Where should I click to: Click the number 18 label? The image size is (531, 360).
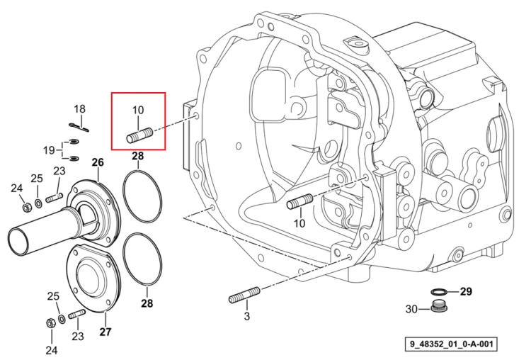point(80,109)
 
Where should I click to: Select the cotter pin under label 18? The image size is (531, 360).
point(81,127)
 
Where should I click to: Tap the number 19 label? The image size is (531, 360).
point(49,150)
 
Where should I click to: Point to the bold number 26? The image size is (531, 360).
point(98,162)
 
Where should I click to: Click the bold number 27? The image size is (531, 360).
point(105,332)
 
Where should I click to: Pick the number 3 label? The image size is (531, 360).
point(247,316)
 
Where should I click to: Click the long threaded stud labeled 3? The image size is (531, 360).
point(244,296)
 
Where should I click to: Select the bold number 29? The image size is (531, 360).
point(466,291)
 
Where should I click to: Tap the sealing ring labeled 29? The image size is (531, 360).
point(439,291)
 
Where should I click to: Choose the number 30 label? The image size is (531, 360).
point(411,309)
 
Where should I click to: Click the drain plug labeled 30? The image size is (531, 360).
point(438,306)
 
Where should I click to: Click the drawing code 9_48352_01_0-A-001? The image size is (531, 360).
point(452,344)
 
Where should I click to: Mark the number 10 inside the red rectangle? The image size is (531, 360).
point(138,110)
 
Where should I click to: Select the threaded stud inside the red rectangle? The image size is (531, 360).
point(139,135)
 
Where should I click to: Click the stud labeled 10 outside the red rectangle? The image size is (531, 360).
point(299,202)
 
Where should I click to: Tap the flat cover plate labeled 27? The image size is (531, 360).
point(93,278)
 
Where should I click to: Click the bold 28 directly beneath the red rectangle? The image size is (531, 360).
point(138,157)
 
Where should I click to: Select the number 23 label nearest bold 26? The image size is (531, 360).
point(59,171)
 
